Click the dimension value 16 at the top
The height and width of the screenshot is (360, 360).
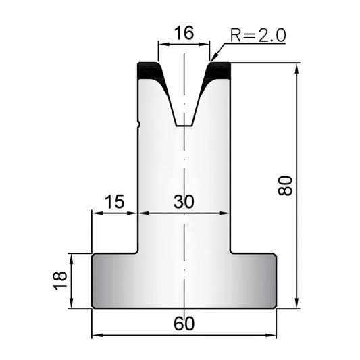[x=184, y=32]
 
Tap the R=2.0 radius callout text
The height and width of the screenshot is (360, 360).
[x=258, y=35]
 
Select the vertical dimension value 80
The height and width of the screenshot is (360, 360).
[x=285, y=186]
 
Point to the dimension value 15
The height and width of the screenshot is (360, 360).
[x=115, y=201]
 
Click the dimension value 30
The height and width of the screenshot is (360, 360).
[x=184, y=201]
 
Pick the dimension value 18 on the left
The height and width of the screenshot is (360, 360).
[x=60, y=281]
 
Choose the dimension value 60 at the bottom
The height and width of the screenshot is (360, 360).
[x=184, y=324]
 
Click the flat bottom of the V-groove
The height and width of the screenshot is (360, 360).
[x=184, y=126]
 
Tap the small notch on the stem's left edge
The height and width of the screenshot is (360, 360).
[x=139, y=124]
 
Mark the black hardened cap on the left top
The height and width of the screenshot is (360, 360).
[x=149, y=70]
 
